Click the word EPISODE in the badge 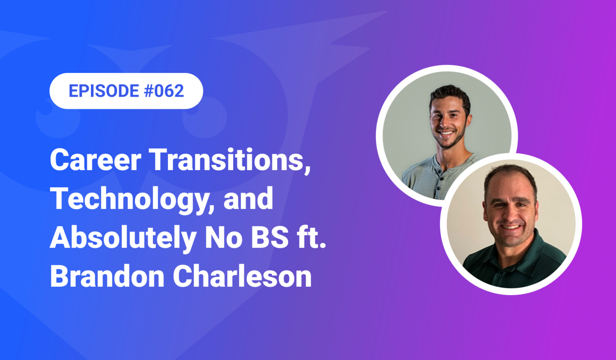tap(103, 91)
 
